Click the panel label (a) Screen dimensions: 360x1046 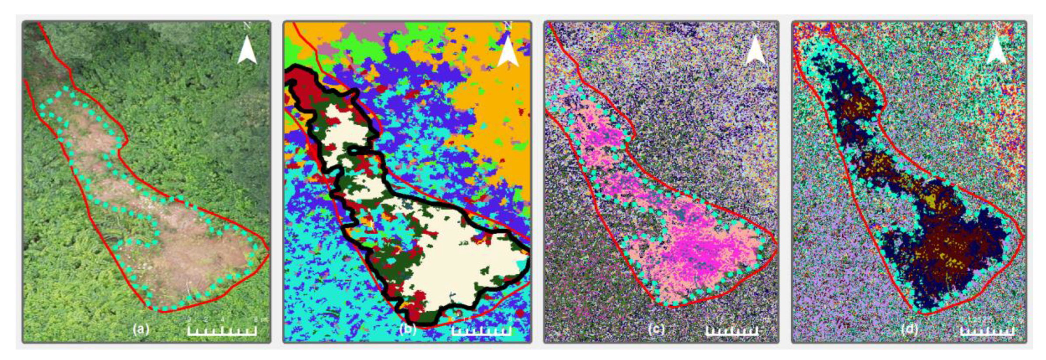pos(141,329)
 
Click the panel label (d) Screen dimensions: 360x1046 pos(909,329)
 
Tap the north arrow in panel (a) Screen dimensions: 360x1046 pos(247,50)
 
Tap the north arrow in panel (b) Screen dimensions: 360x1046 pos(508,52)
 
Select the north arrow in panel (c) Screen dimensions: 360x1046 pos(755,50)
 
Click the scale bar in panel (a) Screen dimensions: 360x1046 pos(222,331)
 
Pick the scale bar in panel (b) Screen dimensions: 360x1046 pos(481,331)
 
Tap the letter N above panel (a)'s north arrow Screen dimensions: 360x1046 pos(247,26)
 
